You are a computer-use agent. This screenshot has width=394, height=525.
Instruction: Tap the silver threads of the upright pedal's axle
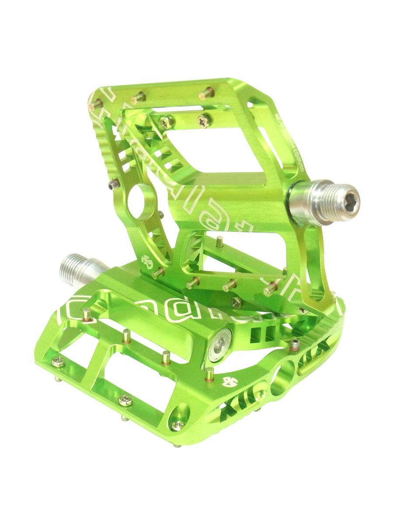coord(322,200)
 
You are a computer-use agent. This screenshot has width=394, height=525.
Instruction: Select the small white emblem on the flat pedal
coord(229,381)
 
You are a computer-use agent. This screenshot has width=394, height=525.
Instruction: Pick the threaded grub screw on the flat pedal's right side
coord(298,345)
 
